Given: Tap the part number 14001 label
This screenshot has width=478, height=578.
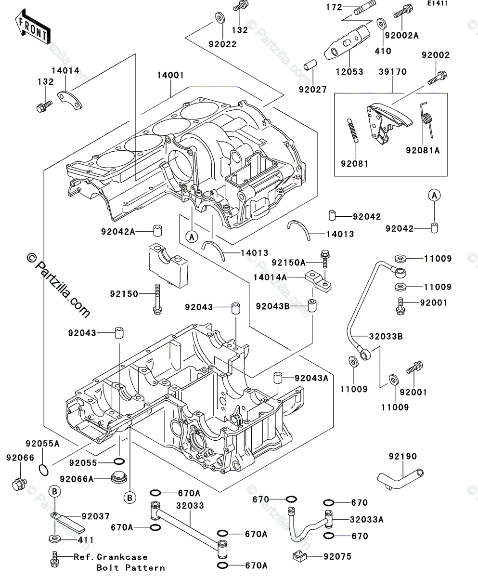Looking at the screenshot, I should pos(170,76).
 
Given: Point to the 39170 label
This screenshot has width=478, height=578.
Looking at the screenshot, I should pos(392,72).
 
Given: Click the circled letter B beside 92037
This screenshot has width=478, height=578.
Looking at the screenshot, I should pos(56,491).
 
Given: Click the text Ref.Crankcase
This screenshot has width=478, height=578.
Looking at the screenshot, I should pos(110,557).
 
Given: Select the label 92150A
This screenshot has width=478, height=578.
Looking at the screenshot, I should pos(288,263).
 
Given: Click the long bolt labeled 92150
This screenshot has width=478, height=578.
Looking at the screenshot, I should pos(157,300).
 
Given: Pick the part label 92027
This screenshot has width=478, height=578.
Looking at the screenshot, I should pos(312,89).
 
